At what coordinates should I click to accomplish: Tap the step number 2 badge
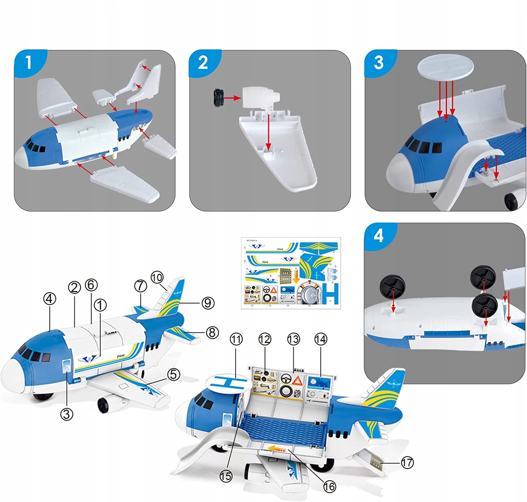pos(203,63)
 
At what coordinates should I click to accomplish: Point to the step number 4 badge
pos(378,236)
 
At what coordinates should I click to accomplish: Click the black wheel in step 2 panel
pos(219,97)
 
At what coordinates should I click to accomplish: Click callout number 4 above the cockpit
pos(50,299)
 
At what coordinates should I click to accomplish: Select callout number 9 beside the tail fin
pos(208,303)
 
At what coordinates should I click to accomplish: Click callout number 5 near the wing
pos(174,375)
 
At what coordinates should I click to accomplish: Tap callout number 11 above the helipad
pos(236,339)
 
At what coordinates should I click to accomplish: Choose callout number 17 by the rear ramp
pos(407,462)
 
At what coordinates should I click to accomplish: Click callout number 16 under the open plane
pos(330,486)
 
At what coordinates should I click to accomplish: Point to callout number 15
pos(226,476)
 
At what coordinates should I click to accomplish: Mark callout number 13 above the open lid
pos(293,339)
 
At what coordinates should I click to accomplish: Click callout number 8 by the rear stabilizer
pos(212,332)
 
